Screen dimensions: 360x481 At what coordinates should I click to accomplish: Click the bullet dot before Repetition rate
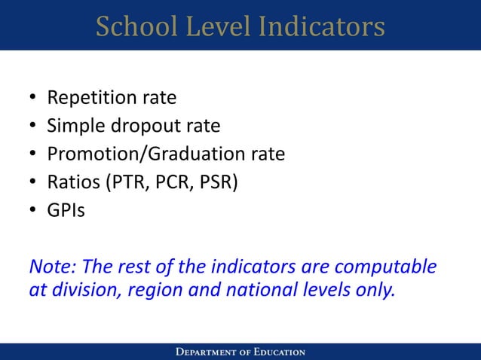(x=32, y=99)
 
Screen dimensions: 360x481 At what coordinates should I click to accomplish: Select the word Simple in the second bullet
(x=74, y=126)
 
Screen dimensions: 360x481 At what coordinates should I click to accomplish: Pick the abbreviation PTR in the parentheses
(x=127, y=182)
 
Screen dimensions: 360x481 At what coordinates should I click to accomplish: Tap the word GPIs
(x=66, y=210)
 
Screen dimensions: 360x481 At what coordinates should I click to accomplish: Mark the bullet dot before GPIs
(x=32, y=211)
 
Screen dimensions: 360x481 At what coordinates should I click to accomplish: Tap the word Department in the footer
(x=207, y=352)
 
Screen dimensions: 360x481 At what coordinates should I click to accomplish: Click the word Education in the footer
(x=277, y=352)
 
